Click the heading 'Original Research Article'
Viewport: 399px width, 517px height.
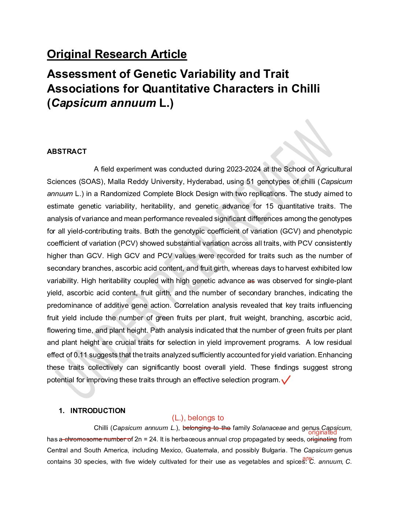[x=117, y=54]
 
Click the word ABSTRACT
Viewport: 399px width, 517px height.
[x=67, y=152]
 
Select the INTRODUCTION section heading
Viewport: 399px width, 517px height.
[x=98, y=411]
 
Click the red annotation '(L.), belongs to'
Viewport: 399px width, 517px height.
[x=198, y=418]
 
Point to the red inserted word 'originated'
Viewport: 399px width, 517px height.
[x=322, y=433]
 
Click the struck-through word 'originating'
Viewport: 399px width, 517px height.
[x=322, y=439]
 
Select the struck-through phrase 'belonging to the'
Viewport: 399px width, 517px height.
[x=206, y=428]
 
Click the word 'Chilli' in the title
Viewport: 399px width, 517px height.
[x=305, y=88]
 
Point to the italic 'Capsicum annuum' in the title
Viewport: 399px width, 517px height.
[x=104, y=103]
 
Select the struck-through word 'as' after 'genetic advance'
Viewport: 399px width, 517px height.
[x=251, y=281]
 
